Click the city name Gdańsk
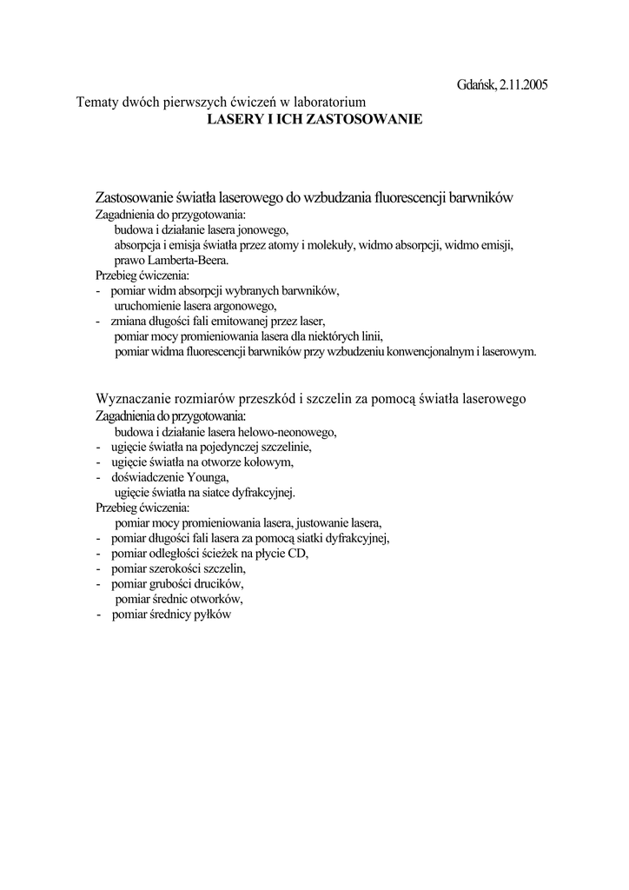476,85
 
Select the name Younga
209,477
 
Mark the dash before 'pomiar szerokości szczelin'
98,568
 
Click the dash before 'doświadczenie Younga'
98,477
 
